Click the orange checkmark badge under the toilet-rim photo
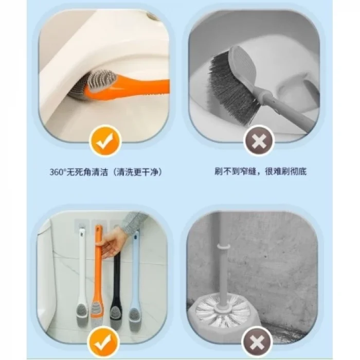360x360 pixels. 105,140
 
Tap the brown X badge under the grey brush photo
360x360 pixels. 259,141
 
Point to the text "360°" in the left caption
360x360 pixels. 58,172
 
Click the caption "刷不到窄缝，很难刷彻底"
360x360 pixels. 260,171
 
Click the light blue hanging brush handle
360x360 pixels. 135,268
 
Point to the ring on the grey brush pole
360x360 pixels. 224,246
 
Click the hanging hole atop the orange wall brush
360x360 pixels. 99,228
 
